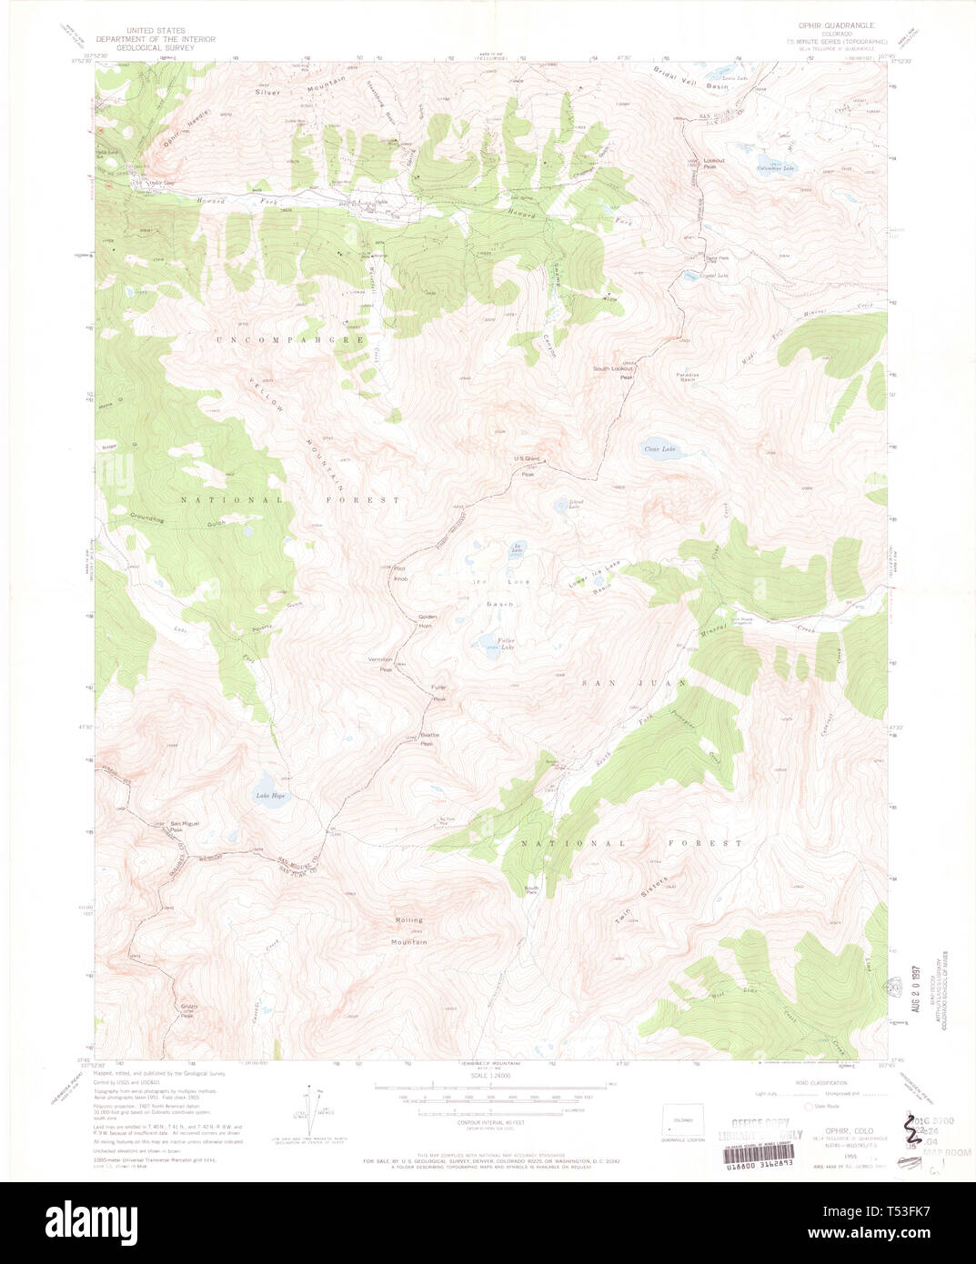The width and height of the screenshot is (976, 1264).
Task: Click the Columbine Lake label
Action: pyautogui.click(x=777, y=168)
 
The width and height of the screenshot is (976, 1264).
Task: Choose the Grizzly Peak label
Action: pyautogui.click(x=188, y=1009)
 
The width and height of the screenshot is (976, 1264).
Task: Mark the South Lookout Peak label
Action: pyautogui.click(x=612, y=372)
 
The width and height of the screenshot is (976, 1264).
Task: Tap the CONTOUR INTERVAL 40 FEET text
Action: pyautogui.click(x=483, y=1124)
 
